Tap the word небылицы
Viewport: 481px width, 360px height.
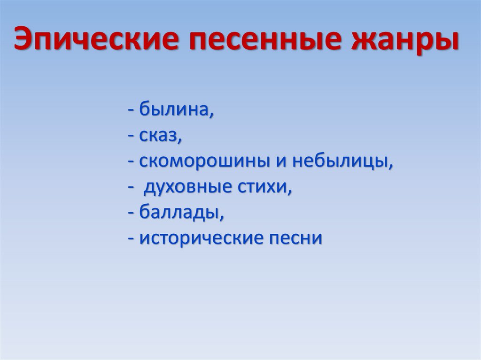click(341, 162)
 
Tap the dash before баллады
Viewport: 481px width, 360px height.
click(131, 214)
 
